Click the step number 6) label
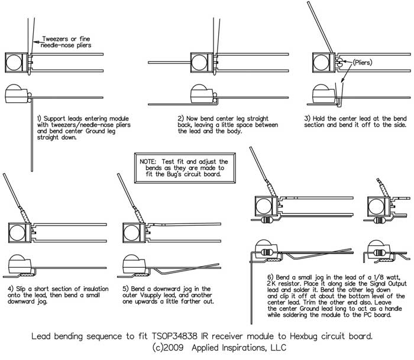tap(270, 262)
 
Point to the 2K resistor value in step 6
tap(273, 270)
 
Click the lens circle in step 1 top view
tap(13, 61)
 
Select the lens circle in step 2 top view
tap(198, 61)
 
